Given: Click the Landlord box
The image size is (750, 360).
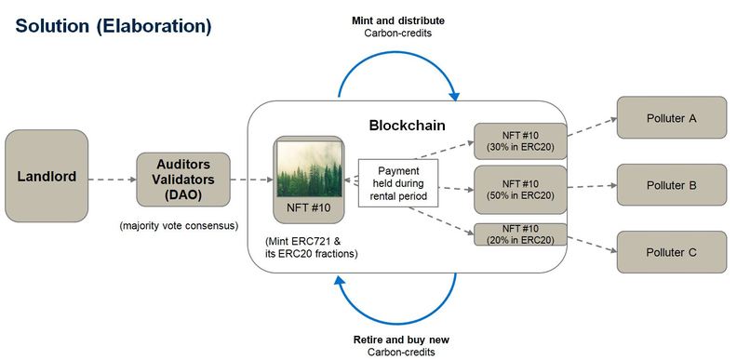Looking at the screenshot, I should coord(47,175).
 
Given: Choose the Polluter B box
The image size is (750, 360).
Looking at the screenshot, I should coord(671,185).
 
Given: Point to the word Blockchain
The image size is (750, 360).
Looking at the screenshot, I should coord(407,126).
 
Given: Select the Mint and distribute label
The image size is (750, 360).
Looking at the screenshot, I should coord(397,20).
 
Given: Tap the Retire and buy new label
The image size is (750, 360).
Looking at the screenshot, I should coord(397,339).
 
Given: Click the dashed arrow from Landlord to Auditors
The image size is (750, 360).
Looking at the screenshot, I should coord(112,179).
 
